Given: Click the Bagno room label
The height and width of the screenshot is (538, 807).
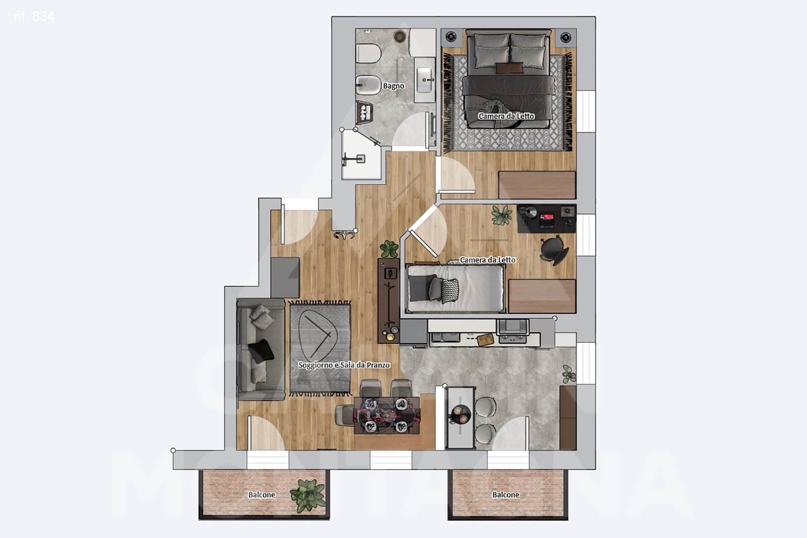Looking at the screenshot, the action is pos(393,86).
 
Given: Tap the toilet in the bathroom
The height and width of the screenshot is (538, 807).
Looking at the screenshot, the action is pos(368,54).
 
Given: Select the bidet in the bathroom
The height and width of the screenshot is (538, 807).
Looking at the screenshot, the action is pos(368,85).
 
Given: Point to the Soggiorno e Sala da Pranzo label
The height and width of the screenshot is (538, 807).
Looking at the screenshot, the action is pos(344,365).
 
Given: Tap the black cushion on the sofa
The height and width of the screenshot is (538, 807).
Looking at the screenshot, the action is pos(261,351).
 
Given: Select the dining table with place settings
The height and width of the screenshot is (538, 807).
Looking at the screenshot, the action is pos(387,415).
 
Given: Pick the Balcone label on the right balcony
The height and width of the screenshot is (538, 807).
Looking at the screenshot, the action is pos(506,495).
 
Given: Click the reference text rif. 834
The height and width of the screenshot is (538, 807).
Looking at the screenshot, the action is pos(34,17).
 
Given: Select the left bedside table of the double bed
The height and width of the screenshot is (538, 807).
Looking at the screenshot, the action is pos(451,37).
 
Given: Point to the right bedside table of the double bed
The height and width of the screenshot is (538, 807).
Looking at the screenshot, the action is pos(565,37).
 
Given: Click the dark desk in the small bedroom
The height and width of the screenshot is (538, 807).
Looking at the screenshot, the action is pos(546,219).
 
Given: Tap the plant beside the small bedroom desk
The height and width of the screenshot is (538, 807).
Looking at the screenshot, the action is pos(501,215).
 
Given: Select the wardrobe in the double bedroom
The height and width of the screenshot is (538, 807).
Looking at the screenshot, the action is pos(537,185).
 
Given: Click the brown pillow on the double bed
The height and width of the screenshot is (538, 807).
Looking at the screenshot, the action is pos(509,68).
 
